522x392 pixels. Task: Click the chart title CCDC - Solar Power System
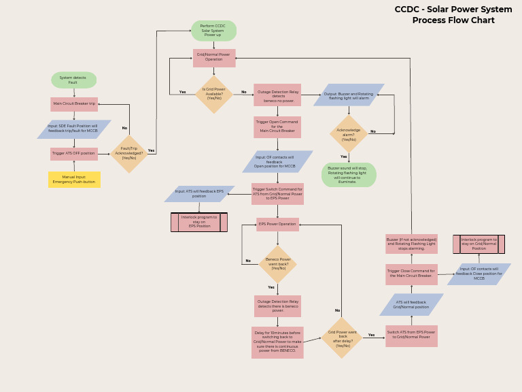point(453,10)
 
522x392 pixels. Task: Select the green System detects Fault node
point(73,80)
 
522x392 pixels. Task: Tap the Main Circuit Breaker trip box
point(74,104)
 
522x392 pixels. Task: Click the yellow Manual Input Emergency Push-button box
point(74,180)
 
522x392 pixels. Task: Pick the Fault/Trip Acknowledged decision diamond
point(129,154)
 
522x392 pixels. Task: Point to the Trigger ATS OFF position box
point(74,154)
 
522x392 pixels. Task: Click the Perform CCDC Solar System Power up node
point(213,31)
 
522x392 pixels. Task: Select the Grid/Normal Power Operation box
point(214,58)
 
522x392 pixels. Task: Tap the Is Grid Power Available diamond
point(214,94)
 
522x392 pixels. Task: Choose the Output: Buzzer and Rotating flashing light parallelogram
point(349,95)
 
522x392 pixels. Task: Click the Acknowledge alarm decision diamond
point(349,133)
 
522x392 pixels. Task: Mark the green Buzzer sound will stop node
point(349,175)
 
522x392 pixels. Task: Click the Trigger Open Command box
point(277,127)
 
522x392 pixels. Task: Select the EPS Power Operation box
point(277,224)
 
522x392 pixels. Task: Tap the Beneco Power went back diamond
point(277,264)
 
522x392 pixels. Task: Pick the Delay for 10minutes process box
point(277,342)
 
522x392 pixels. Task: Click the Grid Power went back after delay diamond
point(342,338)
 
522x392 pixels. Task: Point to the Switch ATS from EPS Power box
point(411,336)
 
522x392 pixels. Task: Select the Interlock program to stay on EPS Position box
point(199,222)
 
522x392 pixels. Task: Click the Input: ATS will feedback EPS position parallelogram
point(199,194)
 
